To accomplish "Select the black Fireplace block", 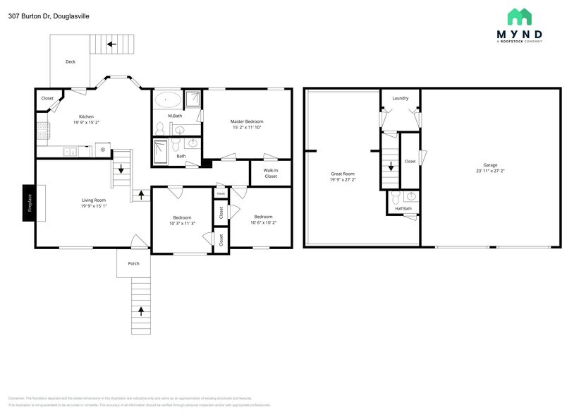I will tap(29, 203).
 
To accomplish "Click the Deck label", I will tap(71, 62).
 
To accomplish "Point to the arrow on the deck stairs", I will tap(111, 44).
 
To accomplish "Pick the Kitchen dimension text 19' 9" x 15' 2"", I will tap(86, 122).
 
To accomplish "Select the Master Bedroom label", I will tap(252, 121).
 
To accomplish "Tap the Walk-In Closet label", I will tap(271, 173).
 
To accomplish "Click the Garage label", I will tap(490, 165).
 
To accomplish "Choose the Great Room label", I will tap(343, 174).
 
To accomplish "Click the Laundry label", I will tap(401, 98).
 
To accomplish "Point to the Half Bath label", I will tap(403, 208).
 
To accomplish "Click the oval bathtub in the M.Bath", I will tap(167, 99).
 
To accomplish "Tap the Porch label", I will tap(133, 263).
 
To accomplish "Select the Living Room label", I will tap(93, 200).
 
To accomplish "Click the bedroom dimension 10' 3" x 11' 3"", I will tap(182, 223).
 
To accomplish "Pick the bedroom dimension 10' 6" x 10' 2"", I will tap(263, 222).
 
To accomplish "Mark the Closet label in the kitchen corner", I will tap(47, 99).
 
